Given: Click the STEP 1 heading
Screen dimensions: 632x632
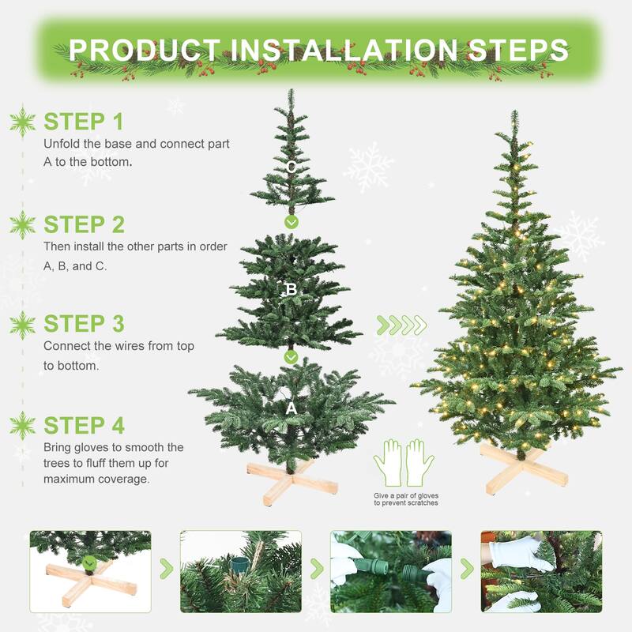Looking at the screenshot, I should point(84,122).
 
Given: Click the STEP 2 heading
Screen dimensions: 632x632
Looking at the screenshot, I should point(84,224).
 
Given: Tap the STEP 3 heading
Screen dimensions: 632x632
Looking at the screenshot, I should point(84,324).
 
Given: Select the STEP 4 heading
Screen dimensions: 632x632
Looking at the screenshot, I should point(84,425).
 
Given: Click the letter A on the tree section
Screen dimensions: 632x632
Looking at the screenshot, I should point(291,408).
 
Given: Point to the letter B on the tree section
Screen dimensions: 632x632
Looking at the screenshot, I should point(291,290).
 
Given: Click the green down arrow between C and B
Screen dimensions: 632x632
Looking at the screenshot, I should point(291,222).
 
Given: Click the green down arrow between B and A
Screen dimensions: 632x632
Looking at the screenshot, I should point(291,357).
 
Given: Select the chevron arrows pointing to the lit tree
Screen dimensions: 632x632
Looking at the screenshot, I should point(401,325).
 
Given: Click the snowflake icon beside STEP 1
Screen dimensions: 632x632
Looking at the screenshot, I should point(22,122).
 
